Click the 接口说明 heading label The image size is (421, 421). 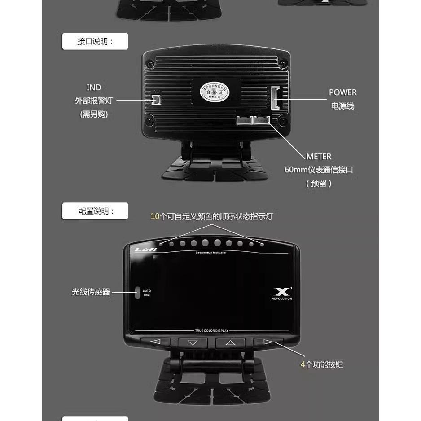95,42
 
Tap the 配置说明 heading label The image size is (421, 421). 95,211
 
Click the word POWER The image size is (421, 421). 342,92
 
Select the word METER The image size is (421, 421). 319,157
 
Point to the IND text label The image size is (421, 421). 94,88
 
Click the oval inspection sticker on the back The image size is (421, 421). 214,92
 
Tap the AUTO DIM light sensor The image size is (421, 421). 138,293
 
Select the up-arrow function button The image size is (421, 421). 230,342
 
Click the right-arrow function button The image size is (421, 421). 268,342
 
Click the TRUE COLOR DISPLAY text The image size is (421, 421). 211,331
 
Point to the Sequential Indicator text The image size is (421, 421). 211,253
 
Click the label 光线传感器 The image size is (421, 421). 91,292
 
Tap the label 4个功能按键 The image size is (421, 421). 321,365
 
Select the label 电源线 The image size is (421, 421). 342,106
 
